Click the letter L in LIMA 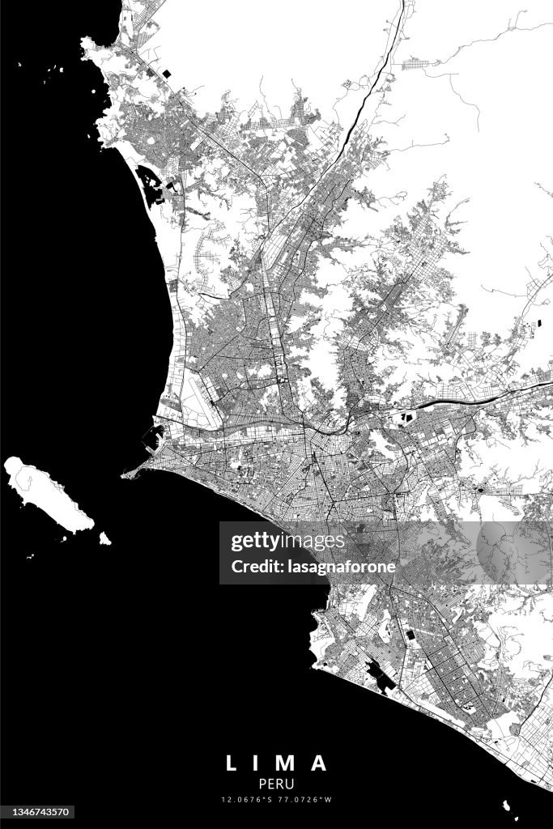point(231,763)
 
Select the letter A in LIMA point(320,763)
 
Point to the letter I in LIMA point(258,763)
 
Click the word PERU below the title point(276,784)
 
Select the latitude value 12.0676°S point(249,800)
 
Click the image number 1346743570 point(39,812)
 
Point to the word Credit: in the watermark point(256,567)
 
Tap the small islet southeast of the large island point(104,538)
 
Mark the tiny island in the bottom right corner point(508,806)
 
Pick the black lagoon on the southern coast point(379,675)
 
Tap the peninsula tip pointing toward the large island point(125,474)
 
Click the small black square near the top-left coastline point(168,74)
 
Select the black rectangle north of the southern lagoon point(410,636)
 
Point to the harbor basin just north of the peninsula point(152,438)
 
